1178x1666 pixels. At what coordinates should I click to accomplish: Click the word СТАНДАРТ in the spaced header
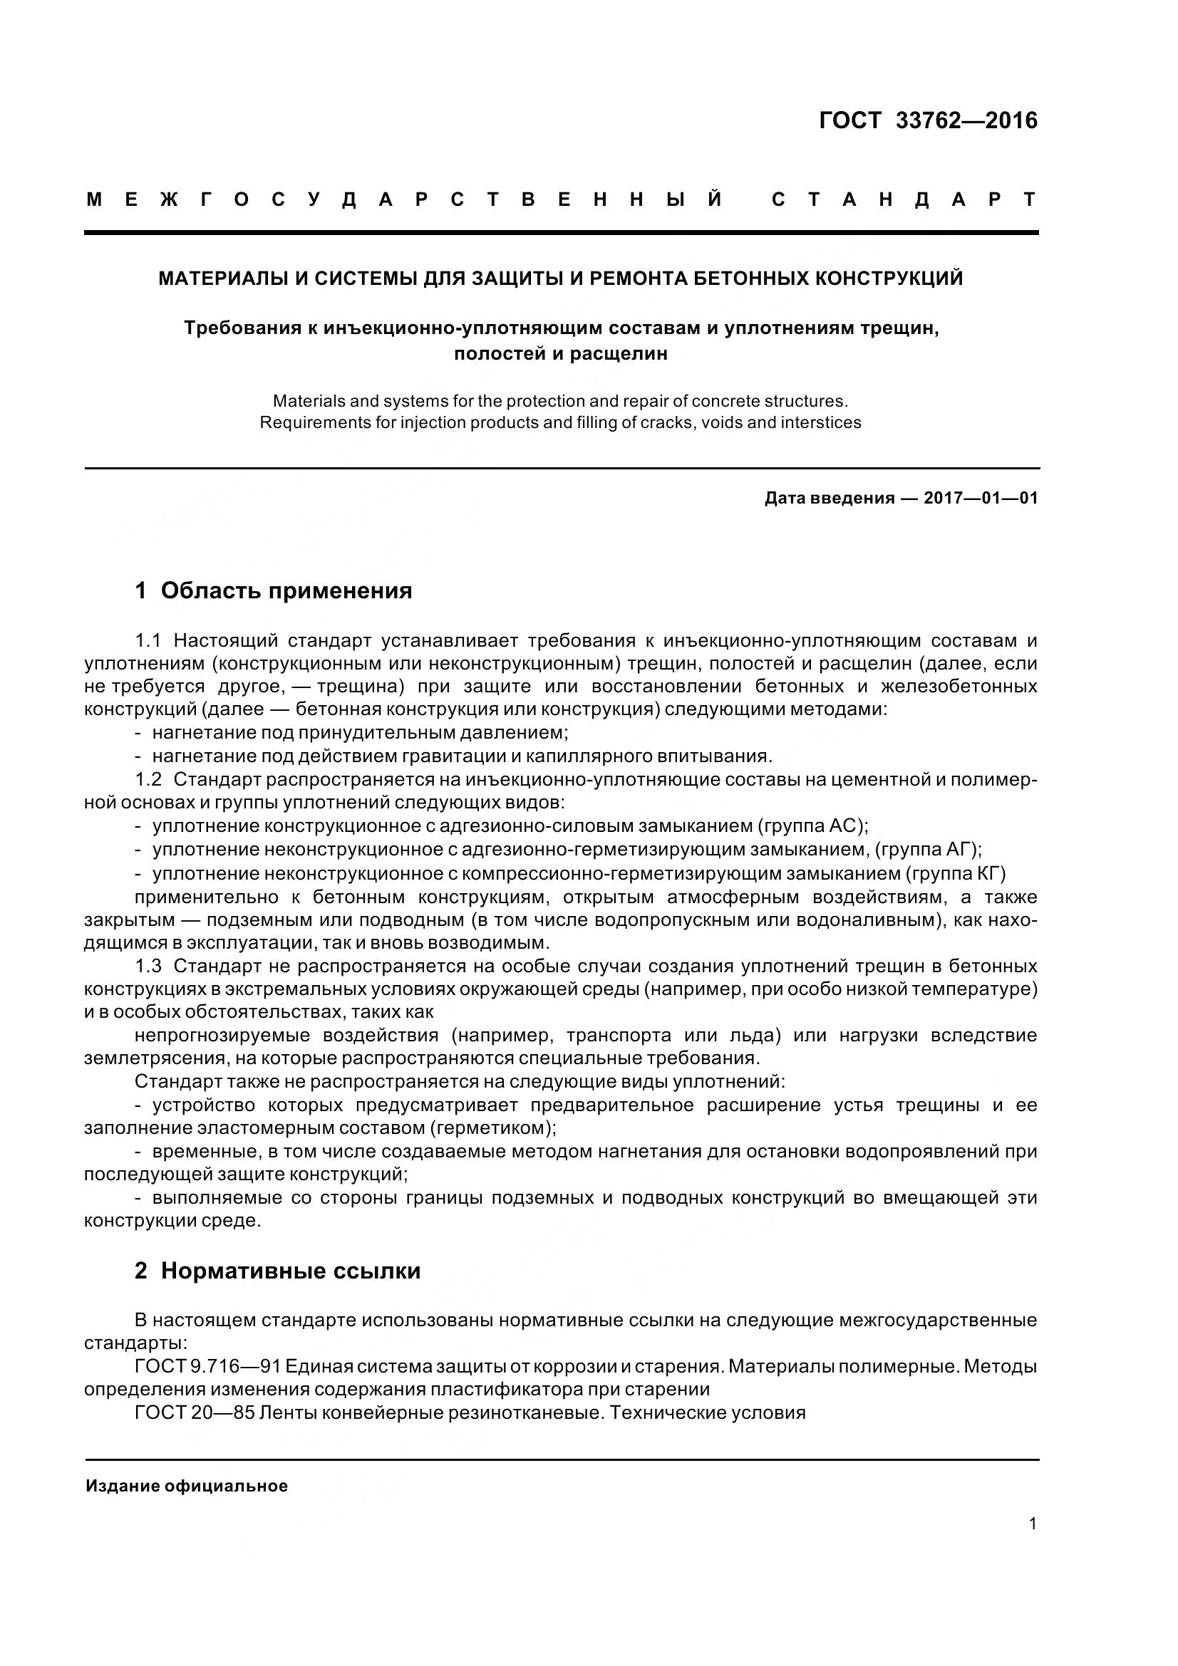(x=904, y=200)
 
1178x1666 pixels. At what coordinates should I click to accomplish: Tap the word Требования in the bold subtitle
(x=242, y=328)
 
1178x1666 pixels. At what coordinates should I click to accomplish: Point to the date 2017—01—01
(x=981, y=499)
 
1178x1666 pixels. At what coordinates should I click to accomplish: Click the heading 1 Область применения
(x=274, y=591)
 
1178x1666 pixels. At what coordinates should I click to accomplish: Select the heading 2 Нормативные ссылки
(x=277, y=1271)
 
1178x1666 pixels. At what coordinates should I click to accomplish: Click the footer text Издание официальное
(x=187, y=1486)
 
